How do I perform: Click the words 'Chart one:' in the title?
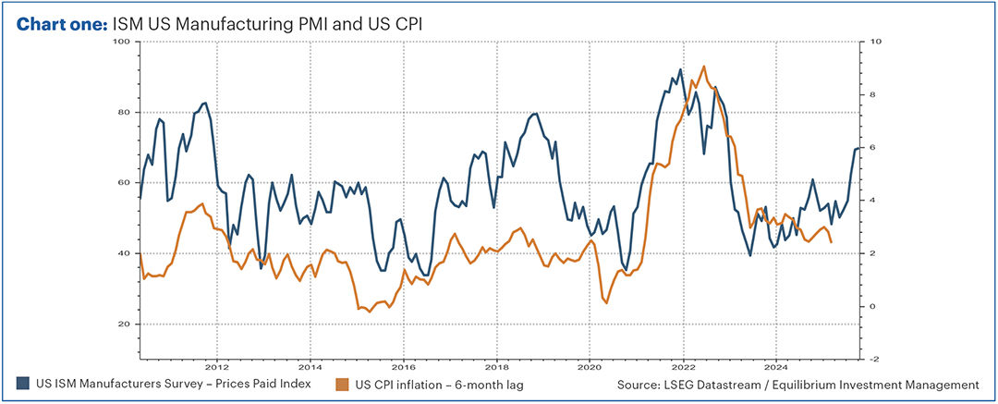click(63, 24)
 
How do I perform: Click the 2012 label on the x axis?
click(217, 365)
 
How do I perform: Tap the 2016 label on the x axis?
click(403, 365)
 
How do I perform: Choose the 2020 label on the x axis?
click(590, 365)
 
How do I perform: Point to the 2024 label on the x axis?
click(776, 365)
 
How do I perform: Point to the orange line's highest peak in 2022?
click(704, 67)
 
